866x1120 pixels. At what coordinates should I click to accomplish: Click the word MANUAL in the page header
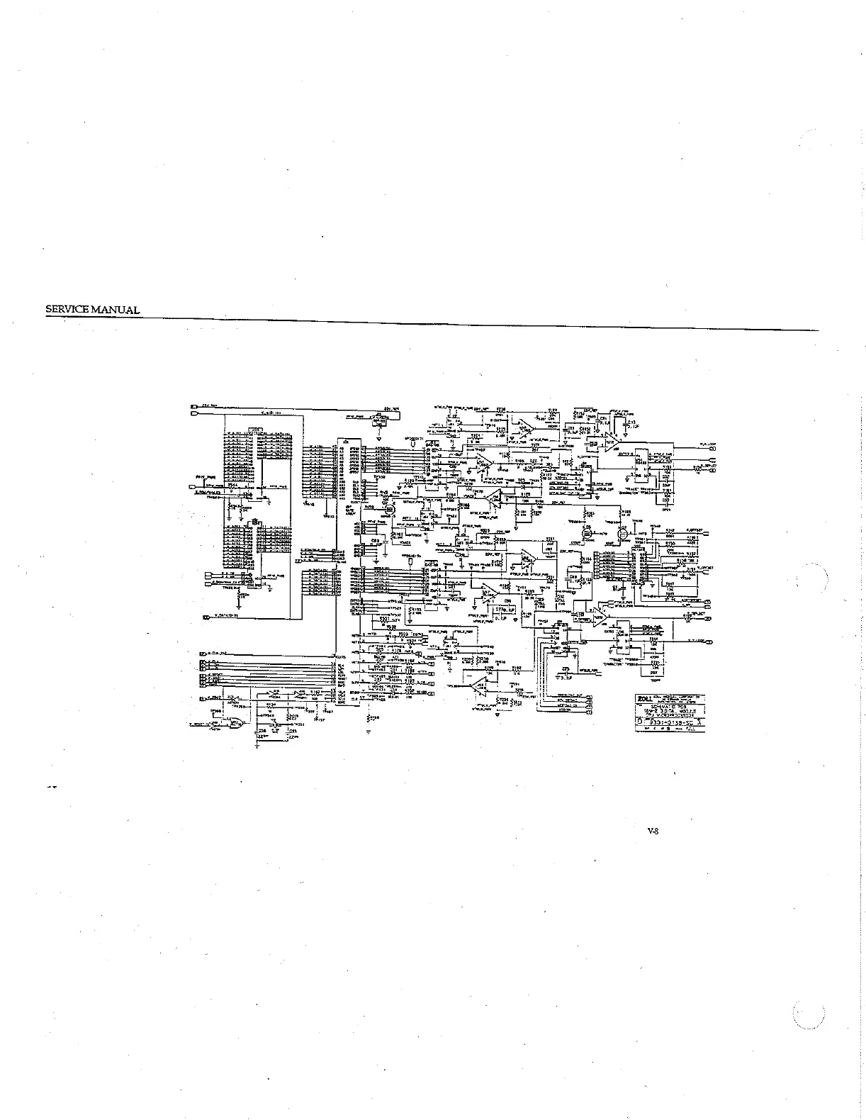[116, 310]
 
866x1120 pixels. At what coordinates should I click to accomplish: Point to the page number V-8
[653, 832]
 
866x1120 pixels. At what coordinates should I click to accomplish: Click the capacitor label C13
[631, 421]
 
